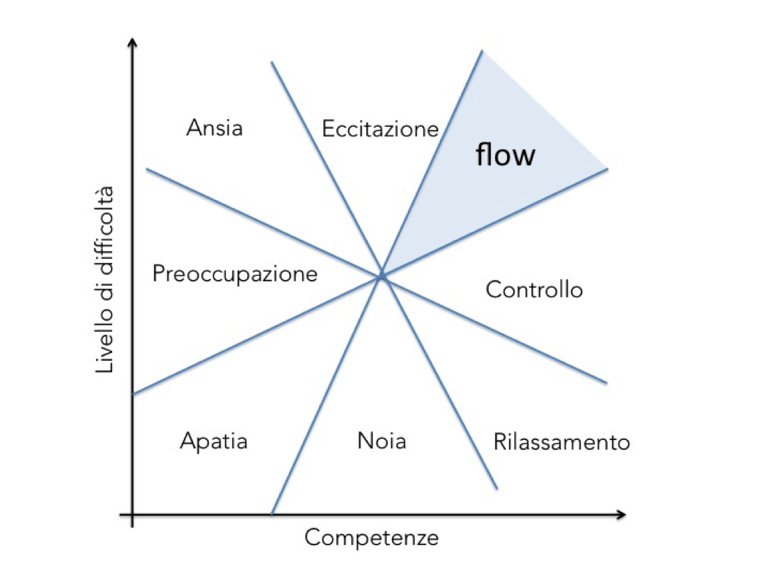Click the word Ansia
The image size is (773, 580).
pos(214,128)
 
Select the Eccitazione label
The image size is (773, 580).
pos(380,129)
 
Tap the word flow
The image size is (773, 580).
pos(506,155)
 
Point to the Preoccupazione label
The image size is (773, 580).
pos(235,274)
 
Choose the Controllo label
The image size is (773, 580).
pos(534,289)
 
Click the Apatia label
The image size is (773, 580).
pos(214,441)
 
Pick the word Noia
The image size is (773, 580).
pos(382,441)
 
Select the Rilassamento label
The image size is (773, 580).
pos(561,442)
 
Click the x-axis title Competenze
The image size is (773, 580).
pos(371,538)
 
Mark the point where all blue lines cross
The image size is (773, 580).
pos(382,276)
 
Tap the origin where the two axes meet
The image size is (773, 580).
pos(132,515)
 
